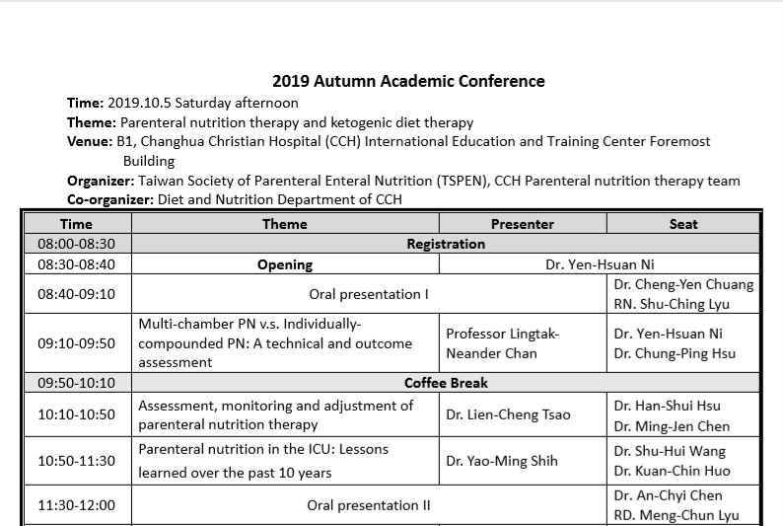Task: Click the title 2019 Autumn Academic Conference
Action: [408, 81]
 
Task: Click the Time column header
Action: [76, 224]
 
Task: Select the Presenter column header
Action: [522, 224]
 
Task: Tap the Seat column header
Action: [682, 224]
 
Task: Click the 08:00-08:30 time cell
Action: [76, 244]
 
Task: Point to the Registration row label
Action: [446, 244]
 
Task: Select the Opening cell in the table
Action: [285, 264]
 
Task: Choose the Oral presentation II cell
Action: [369, 505]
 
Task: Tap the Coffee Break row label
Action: [446, 383]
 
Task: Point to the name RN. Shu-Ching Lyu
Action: [673, 304]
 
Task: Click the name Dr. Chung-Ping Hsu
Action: [680, 353]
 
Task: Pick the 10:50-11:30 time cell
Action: [76, 460]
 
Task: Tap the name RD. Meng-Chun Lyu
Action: [676, 515]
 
